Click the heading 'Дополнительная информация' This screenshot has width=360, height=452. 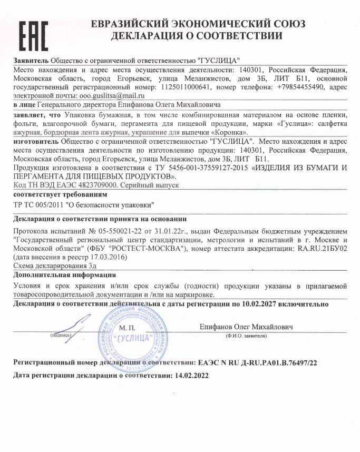click(64, 275)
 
